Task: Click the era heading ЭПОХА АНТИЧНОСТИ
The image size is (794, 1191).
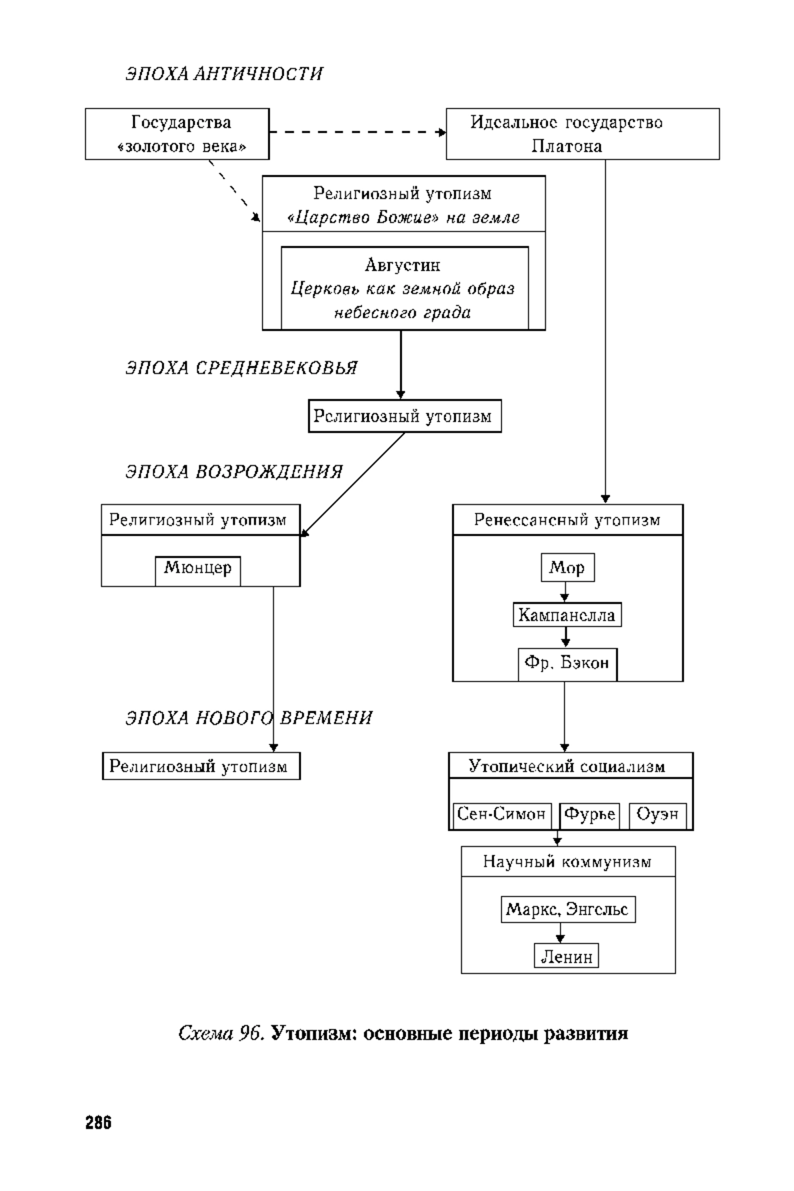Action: (224, 73)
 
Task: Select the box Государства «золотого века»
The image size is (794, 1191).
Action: (177, 134)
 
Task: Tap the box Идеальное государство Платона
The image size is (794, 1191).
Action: (583, 134)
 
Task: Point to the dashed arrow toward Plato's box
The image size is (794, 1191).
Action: (358, 132)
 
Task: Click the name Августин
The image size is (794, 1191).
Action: (403, 265)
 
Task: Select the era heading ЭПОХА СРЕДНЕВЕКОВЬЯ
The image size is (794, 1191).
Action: (242, 368)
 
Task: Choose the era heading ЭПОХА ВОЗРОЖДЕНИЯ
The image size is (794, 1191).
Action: (234, 472)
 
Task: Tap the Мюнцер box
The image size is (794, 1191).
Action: (198, 571)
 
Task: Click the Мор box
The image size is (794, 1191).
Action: (568, 568)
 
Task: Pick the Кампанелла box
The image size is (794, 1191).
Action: (567, 615)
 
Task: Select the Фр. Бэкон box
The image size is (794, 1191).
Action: (568, 664)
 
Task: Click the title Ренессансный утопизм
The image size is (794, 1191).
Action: (568, 520)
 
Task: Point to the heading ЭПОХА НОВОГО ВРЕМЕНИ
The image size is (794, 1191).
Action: (249, 718)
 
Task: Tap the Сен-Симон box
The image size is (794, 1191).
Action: (503, 815)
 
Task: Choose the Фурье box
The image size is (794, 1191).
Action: (590, 815)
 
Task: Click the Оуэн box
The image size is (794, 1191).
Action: (658, 815)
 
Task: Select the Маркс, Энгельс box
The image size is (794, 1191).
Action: (568, 910)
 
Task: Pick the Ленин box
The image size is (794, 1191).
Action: (566, 956)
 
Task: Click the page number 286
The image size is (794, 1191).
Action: (99, 1122)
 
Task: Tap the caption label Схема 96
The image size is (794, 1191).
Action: (222, 1034)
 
